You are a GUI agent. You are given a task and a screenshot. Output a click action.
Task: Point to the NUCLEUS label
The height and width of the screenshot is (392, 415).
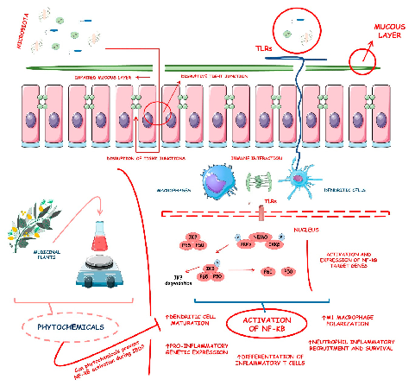(x=306, y=230)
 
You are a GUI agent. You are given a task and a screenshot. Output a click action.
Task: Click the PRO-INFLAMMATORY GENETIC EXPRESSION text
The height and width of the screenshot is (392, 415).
(x=191, y=349)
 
